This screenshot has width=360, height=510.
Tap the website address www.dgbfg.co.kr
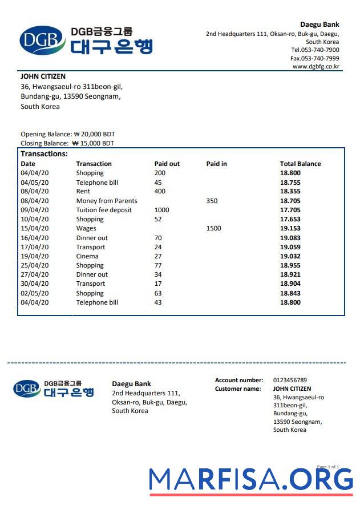(x=315, y=67)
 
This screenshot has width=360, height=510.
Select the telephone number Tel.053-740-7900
(x=314, y=50)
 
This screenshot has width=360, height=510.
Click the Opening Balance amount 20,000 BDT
(x=94, y=134)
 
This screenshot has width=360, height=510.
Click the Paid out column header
(x=167, y=164)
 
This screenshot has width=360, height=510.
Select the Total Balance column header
(x=300, y=164)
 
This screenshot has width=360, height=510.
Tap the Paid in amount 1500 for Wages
(x=213, y=228)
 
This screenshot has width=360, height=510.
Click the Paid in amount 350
(x=212, y=201)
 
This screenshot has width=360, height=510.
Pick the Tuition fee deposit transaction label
(x=104, y=210)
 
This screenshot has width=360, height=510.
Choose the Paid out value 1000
(x=162, y=210)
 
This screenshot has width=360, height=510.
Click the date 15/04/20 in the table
(x=35, y=228)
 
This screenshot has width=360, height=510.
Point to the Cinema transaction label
(x=87, y=256)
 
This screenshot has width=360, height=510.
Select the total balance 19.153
(x=290, y=228)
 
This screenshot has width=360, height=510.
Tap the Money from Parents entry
(x=107, y=201)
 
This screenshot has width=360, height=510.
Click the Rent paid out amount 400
(x=160, y=191)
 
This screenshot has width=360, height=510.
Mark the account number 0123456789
(x=290, y=380)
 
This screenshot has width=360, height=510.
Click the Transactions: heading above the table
(x=44, y=154)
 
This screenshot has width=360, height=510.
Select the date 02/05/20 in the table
(x=35, y=293)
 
